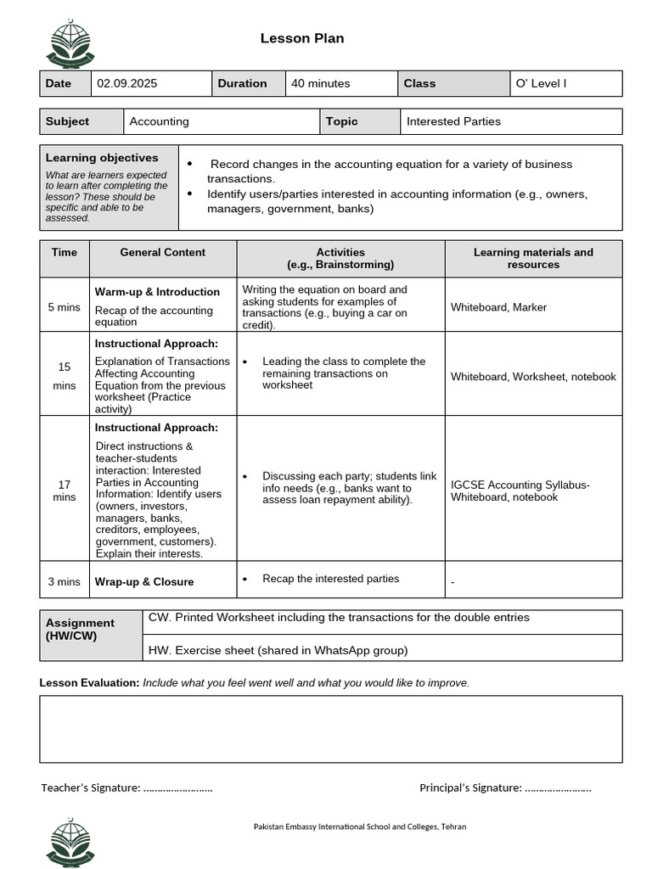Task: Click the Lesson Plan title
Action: pos(301,38)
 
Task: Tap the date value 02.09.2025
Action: pos(126,83)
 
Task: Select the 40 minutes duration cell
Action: pos(320,83)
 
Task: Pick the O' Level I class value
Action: pos(541,83)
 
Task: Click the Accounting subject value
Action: pos(160,121)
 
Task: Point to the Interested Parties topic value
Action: pos(453,121)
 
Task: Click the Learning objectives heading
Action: pos(102,158)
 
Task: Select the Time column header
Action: pos(65,252)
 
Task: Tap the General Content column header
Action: pos(163,252)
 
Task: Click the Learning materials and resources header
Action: pos(533,258)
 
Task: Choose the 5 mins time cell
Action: pos(65,307)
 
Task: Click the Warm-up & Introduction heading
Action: pos(157,292)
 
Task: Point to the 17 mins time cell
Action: pos(65,491)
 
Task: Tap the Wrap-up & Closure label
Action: pos(144,582)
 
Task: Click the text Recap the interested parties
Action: pos(330,579)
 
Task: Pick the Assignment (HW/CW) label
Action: pos(80,629)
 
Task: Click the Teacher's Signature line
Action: pos(126,788)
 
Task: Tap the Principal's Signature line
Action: pos(505,788)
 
